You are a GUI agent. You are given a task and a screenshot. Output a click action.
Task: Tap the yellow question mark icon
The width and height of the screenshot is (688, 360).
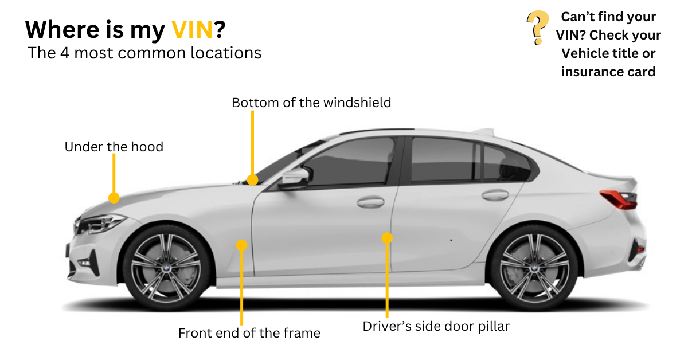coord(536,28)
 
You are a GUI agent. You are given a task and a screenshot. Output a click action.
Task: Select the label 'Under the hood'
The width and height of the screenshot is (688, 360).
coord(114,147)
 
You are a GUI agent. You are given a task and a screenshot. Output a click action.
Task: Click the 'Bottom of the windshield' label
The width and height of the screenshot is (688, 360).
coord(311,103)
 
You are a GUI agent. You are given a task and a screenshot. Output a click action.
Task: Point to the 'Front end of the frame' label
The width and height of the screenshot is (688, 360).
coord(249,332)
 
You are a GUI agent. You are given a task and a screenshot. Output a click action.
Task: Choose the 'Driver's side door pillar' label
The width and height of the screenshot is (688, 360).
coord(436,326)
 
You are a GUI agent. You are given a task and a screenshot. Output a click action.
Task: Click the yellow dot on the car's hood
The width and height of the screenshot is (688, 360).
coord(114,198)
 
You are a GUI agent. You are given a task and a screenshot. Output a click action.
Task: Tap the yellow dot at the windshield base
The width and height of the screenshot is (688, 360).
coord(253,180)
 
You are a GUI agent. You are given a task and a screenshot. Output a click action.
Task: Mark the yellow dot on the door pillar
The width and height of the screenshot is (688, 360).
coord(388,237)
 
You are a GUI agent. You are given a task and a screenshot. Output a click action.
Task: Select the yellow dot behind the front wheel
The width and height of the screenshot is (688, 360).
coord(242,245)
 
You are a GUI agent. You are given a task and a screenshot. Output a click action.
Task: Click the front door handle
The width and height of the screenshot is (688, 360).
coord(370,202)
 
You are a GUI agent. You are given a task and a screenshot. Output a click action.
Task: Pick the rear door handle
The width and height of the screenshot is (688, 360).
coord(495,195)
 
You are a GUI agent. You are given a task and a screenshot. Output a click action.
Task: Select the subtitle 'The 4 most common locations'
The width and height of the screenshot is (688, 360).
coord(144,53)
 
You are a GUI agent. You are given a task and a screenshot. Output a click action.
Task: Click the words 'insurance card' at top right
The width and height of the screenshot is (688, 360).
coord(608,72)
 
